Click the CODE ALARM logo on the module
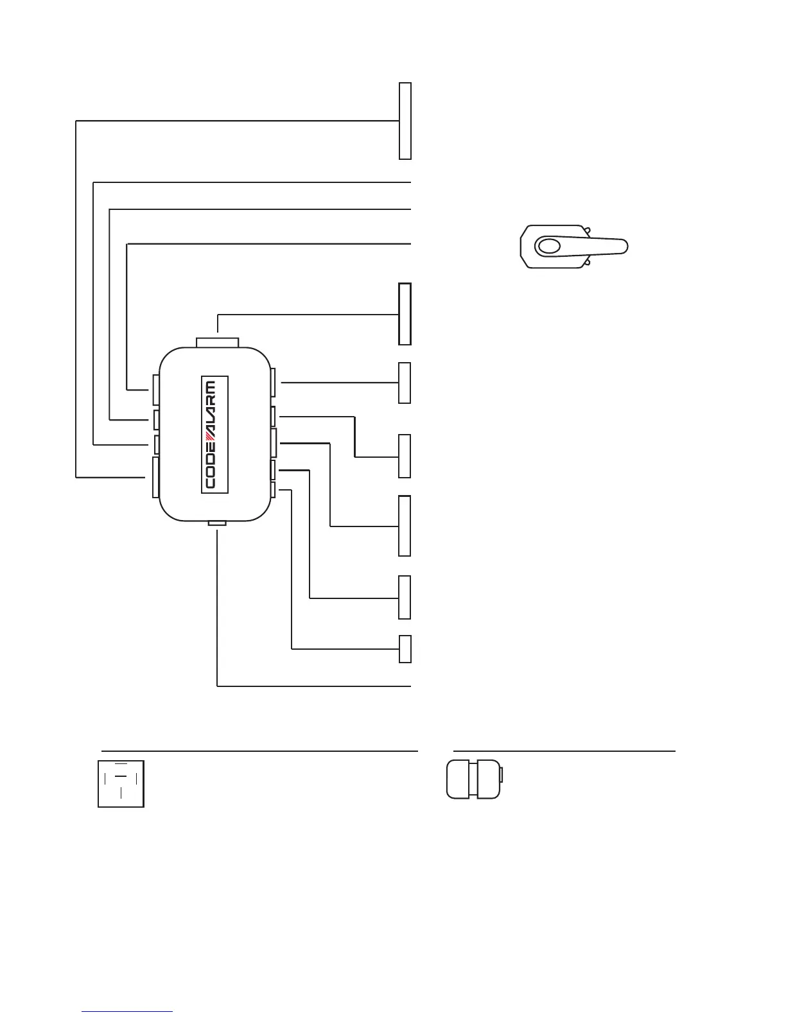(x=214, y=433)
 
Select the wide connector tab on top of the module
(x=218, y=342)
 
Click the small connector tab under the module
(x=218, y=524)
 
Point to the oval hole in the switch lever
(x=549, y=247)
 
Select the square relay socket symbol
(x=121, y=783)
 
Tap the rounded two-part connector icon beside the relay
(x=474, y=779)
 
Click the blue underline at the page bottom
(x=128, y=1011)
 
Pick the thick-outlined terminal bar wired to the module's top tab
(x=405, y=314)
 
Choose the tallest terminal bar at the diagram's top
(x=405, y=121)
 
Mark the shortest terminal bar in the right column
(x=405, y=648)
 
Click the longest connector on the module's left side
(x=155, y=477)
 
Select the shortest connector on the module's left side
(x=156, y=444)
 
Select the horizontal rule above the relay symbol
(x=260, y=750)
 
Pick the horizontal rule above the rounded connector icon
(x=564, y=750)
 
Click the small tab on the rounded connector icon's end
(x=502, y=774)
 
